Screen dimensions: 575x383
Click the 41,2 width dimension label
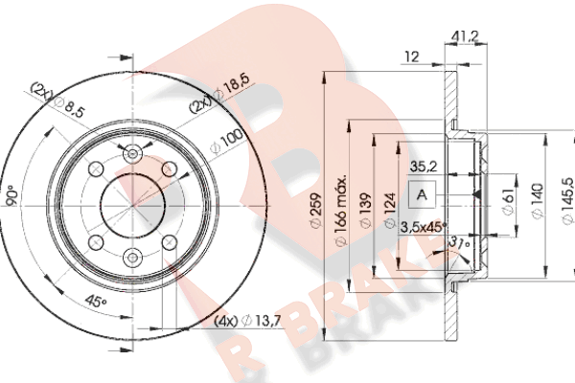(x=465, y=36)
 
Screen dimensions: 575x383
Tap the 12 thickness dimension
(x=412, y=56)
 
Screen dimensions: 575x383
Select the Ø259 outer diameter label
(x=316, y=211)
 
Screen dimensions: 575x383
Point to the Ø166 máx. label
(x=341, y=211)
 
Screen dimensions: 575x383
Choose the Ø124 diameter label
(x=390, y=211)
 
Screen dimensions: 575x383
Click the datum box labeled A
(x=422, y=194)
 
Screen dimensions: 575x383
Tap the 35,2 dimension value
(x=424, y=167)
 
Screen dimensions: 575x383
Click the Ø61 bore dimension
(x=508, y=203)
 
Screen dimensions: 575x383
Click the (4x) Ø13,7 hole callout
(x=247, y=322)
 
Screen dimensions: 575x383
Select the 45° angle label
(x=96, y=302)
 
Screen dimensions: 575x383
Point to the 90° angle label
(x=12, y=196)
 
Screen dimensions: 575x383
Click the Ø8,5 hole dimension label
(x=70, y=107)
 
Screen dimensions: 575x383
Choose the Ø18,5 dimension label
(x=232, y=86)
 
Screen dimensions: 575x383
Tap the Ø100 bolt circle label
(x=226, y=142)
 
